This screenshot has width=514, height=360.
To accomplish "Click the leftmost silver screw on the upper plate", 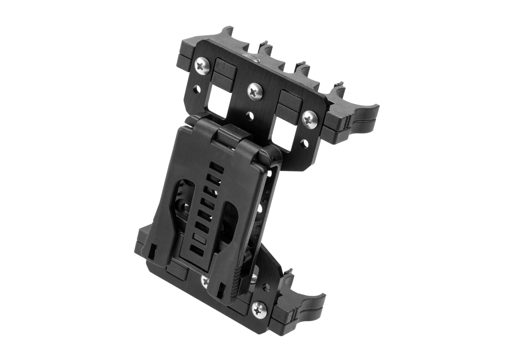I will coord(202,66).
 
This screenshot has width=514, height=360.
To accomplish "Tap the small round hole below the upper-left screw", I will coord(198,89).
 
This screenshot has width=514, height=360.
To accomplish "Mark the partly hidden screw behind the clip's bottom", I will coord(205,281).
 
